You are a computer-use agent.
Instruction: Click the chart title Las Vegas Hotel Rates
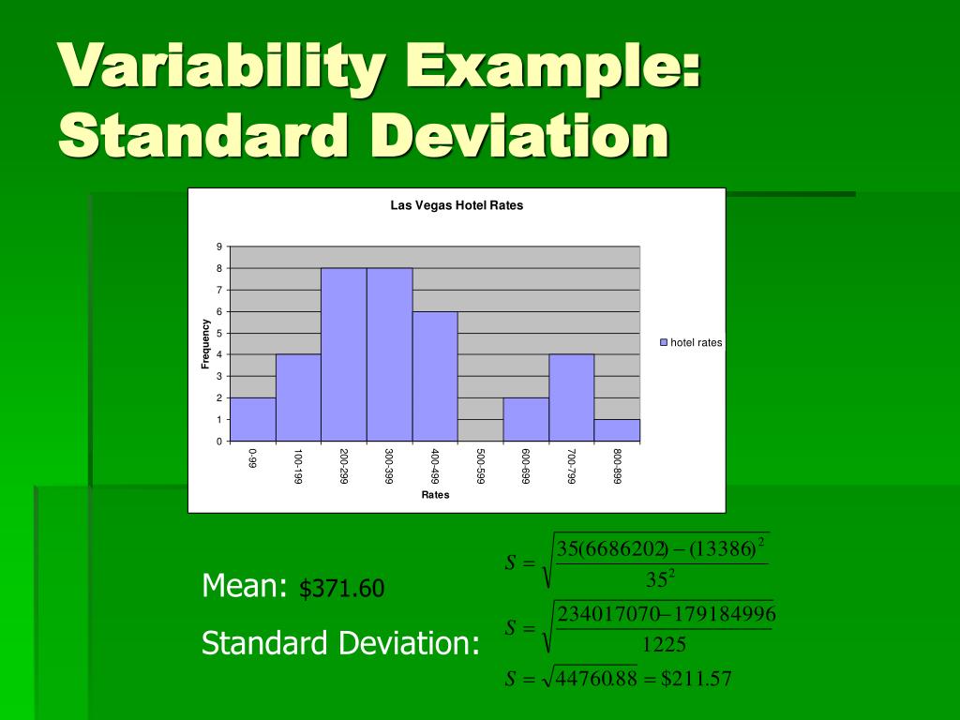tap(457, 205)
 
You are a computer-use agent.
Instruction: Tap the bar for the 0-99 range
tap(253, 419)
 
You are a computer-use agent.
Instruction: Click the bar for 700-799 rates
tap(572, 397)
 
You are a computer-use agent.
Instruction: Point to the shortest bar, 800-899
tap(617, 429)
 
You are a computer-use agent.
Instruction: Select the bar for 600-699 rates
tap(526, 419)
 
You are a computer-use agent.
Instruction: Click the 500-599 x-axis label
tap(480, 465)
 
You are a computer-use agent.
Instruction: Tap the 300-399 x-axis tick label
tap(389, 465)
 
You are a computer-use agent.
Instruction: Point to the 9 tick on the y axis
tap(219, 247)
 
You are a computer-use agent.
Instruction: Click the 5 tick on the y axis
tap(219, 333)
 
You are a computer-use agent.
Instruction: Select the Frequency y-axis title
tap(205, 344)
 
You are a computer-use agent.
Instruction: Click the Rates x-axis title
tap(435, 495)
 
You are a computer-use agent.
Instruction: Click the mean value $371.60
tap(342, 590)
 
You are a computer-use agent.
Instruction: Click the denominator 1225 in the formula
tap(664, 644)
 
